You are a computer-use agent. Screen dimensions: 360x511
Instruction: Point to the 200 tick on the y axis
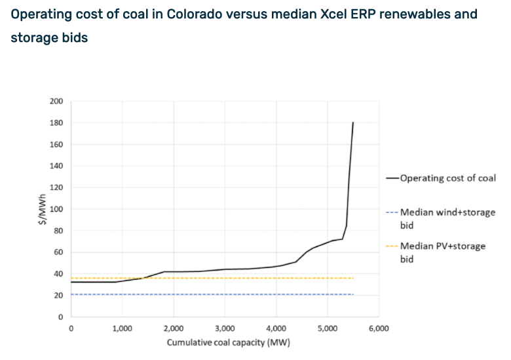(57, 101)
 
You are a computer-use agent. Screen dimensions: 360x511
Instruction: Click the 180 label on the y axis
(57, 123)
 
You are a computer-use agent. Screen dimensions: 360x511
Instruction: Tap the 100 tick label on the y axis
(57, 209)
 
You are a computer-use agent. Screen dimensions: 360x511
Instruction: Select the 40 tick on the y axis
(60, 274)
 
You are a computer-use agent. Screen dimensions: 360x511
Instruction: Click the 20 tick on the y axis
(60, 296)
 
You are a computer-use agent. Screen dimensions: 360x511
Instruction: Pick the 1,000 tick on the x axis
(122, 329)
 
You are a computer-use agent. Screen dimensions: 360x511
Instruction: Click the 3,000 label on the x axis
(225, 329)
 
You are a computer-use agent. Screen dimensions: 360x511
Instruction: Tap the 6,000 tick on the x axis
(378, 329)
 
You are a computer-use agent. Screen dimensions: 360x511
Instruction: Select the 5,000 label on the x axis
(327, 329)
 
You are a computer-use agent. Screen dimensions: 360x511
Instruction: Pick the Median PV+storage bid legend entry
(443, 252)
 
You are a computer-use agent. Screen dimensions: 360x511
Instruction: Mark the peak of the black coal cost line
(353, 123)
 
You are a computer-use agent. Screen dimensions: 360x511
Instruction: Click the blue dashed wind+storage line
(210, 294)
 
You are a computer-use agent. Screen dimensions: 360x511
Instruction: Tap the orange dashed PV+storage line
(210, 278)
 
